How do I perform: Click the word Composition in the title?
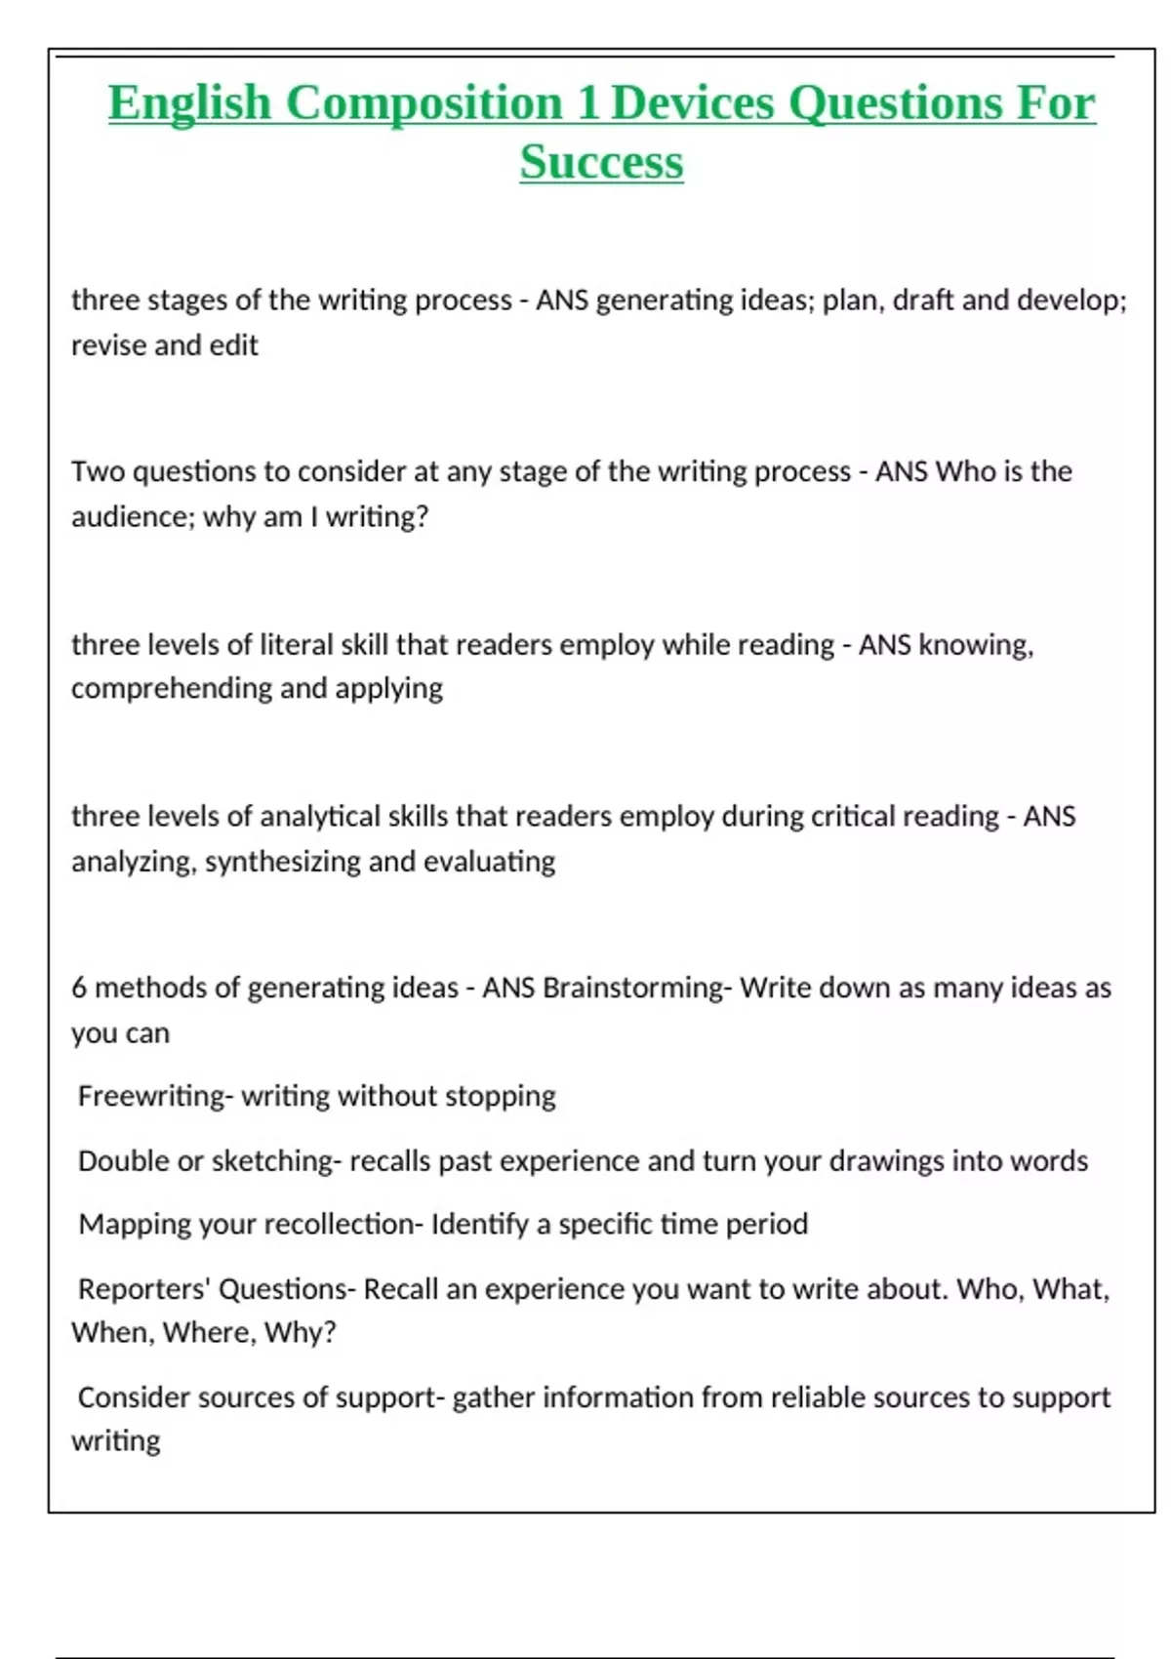click(424, 103)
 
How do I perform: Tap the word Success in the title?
click(601, 162)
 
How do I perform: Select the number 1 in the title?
click(587, 103)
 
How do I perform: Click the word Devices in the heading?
click(692, 103)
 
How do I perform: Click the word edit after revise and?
click(233, 345)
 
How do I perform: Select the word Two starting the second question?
click(99, 471)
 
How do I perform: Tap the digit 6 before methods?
click(79, 988)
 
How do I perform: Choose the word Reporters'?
click(144, 1289)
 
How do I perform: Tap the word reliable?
click(818, 1397)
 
